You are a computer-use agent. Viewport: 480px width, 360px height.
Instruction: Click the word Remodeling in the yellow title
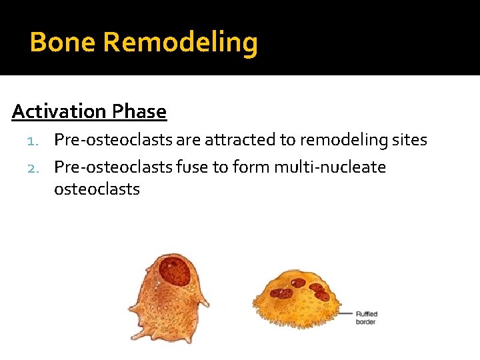pyautogui.click(x=181, y=43)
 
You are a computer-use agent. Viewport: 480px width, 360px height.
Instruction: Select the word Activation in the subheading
pyautogui.click(x=59, y=111)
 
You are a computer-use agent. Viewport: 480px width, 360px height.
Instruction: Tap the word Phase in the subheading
pyautogui.click(x=139, y=111)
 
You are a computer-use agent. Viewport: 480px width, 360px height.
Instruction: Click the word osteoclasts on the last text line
pyautogui.click(x=97, y=189)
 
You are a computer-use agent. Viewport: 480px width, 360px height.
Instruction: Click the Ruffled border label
pyautogui.click(x=367, y=317)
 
